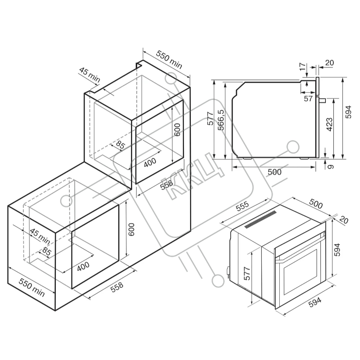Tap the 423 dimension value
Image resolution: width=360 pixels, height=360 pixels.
(x=329, y=125)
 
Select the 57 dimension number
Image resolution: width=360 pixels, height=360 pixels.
(x=309, y=99)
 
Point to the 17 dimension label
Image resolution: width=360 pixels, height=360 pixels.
(x=303, y=66)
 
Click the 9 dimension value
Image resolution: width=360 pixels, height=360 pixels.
(x=330, y=166)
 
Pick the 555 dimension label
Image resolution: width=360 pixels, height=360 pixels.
(x=242, y=206)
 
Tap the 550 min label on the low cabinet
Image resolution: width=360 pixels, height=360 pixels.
(x=32, y=287)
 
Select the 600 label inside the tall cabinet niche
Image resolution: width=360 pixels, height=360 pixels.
(x=177, y=130)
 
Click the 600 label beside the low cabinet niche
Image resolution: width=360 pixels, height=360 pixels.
(x=131, y=229)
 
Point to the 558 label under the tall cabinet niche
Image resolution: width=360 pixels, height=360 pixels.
(x=166, y=185)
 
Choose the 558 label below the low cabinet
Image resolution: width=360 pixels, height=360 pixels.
(x=117, y=287)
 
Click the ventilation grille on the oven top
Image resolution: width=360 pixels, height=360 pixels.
(x=261, y=220)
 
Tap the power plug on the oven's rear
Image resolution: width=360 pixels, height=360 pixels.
(x=228, y=271)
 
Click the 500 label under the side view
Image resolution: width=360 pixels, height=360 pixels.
(x=275, y=172)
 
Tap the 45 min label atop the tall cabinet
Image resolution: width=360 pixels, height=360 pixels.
(x=90, y=75)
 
